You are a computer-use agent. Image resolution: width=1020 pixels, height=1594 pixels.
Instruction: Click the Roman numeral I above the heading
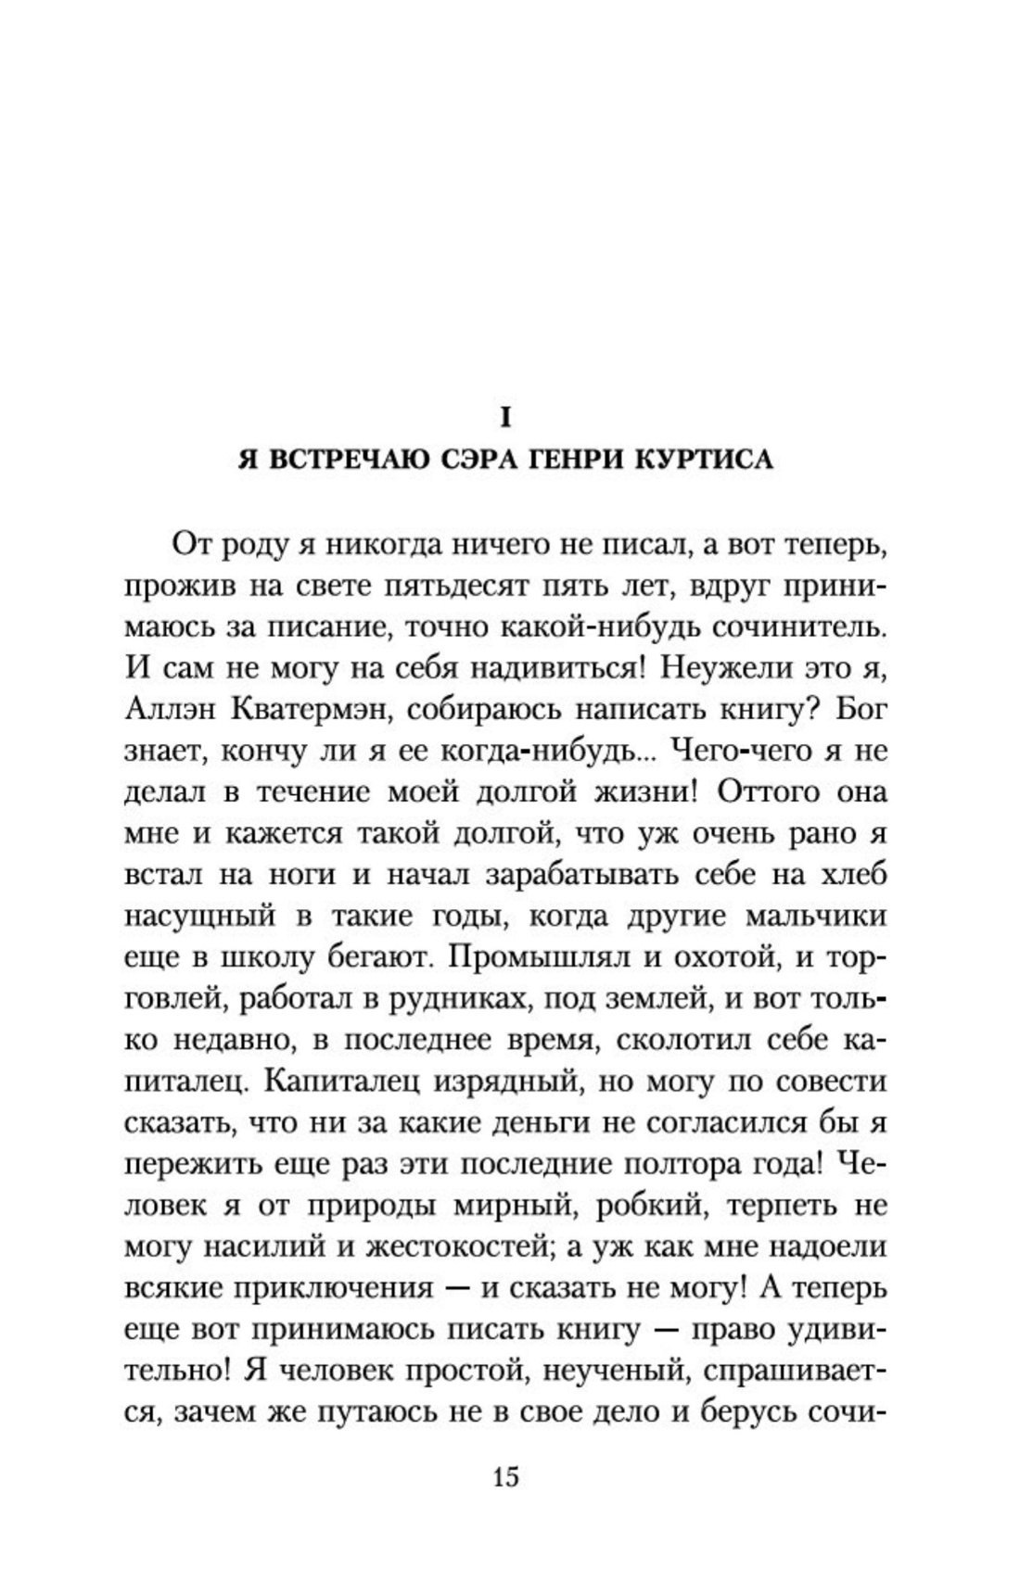pyautogui.click(x=505, y=418)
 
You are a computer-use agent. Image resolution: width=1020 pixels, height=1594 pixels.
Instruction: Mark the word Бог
pyautogui.click(x=861, y=710)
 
